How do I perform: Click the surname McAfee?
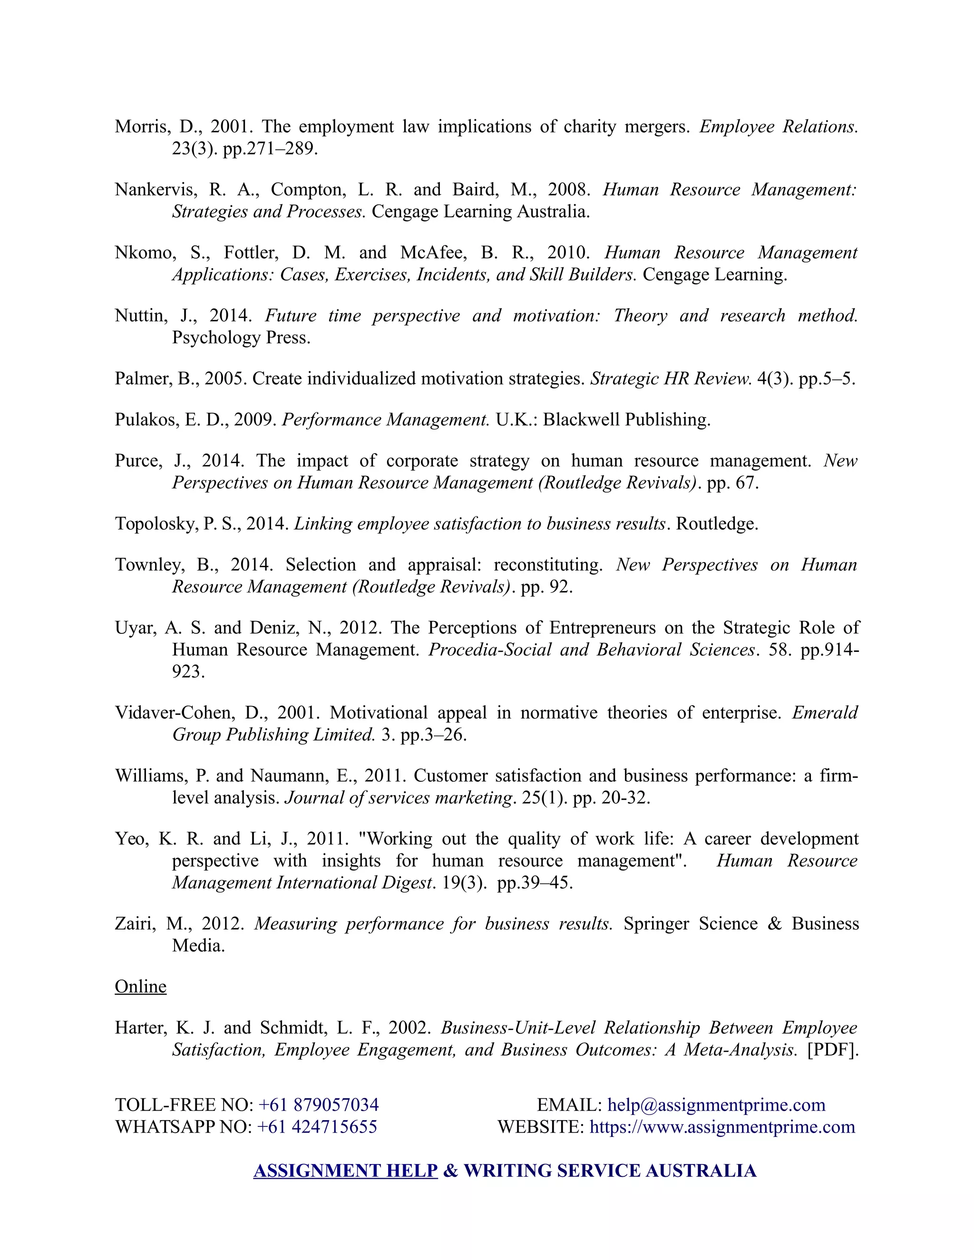[428, 252]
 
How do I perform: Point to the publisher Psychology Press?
[241, 338]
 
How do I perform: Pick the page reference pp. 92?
[546, 587]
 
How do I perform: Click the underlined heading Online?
[140, 987]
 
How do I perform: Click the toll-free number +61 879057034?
[319, 1105]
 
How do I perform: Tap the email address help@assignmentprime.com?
[716, 1105]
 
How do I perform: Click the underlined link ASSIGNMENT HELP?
[345, 1171]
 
